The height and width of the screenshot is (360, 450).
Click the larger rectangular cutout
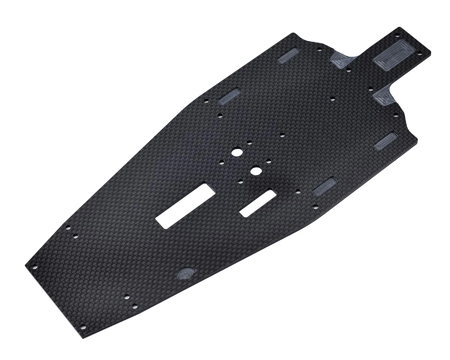coord(185,205)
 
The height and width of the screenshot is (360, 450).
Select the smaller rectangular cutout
coord(258,203)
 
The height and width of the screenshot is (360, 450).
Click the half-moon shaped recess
coord(185,273)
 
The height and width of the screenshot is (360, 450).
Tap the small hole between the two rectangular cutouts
coord(240,181)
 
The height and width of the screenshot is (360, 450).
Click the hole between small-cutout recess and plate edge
coord(315,205)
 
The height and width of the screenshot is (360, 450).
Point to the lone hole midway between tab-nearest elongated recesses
coord(333,99)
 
